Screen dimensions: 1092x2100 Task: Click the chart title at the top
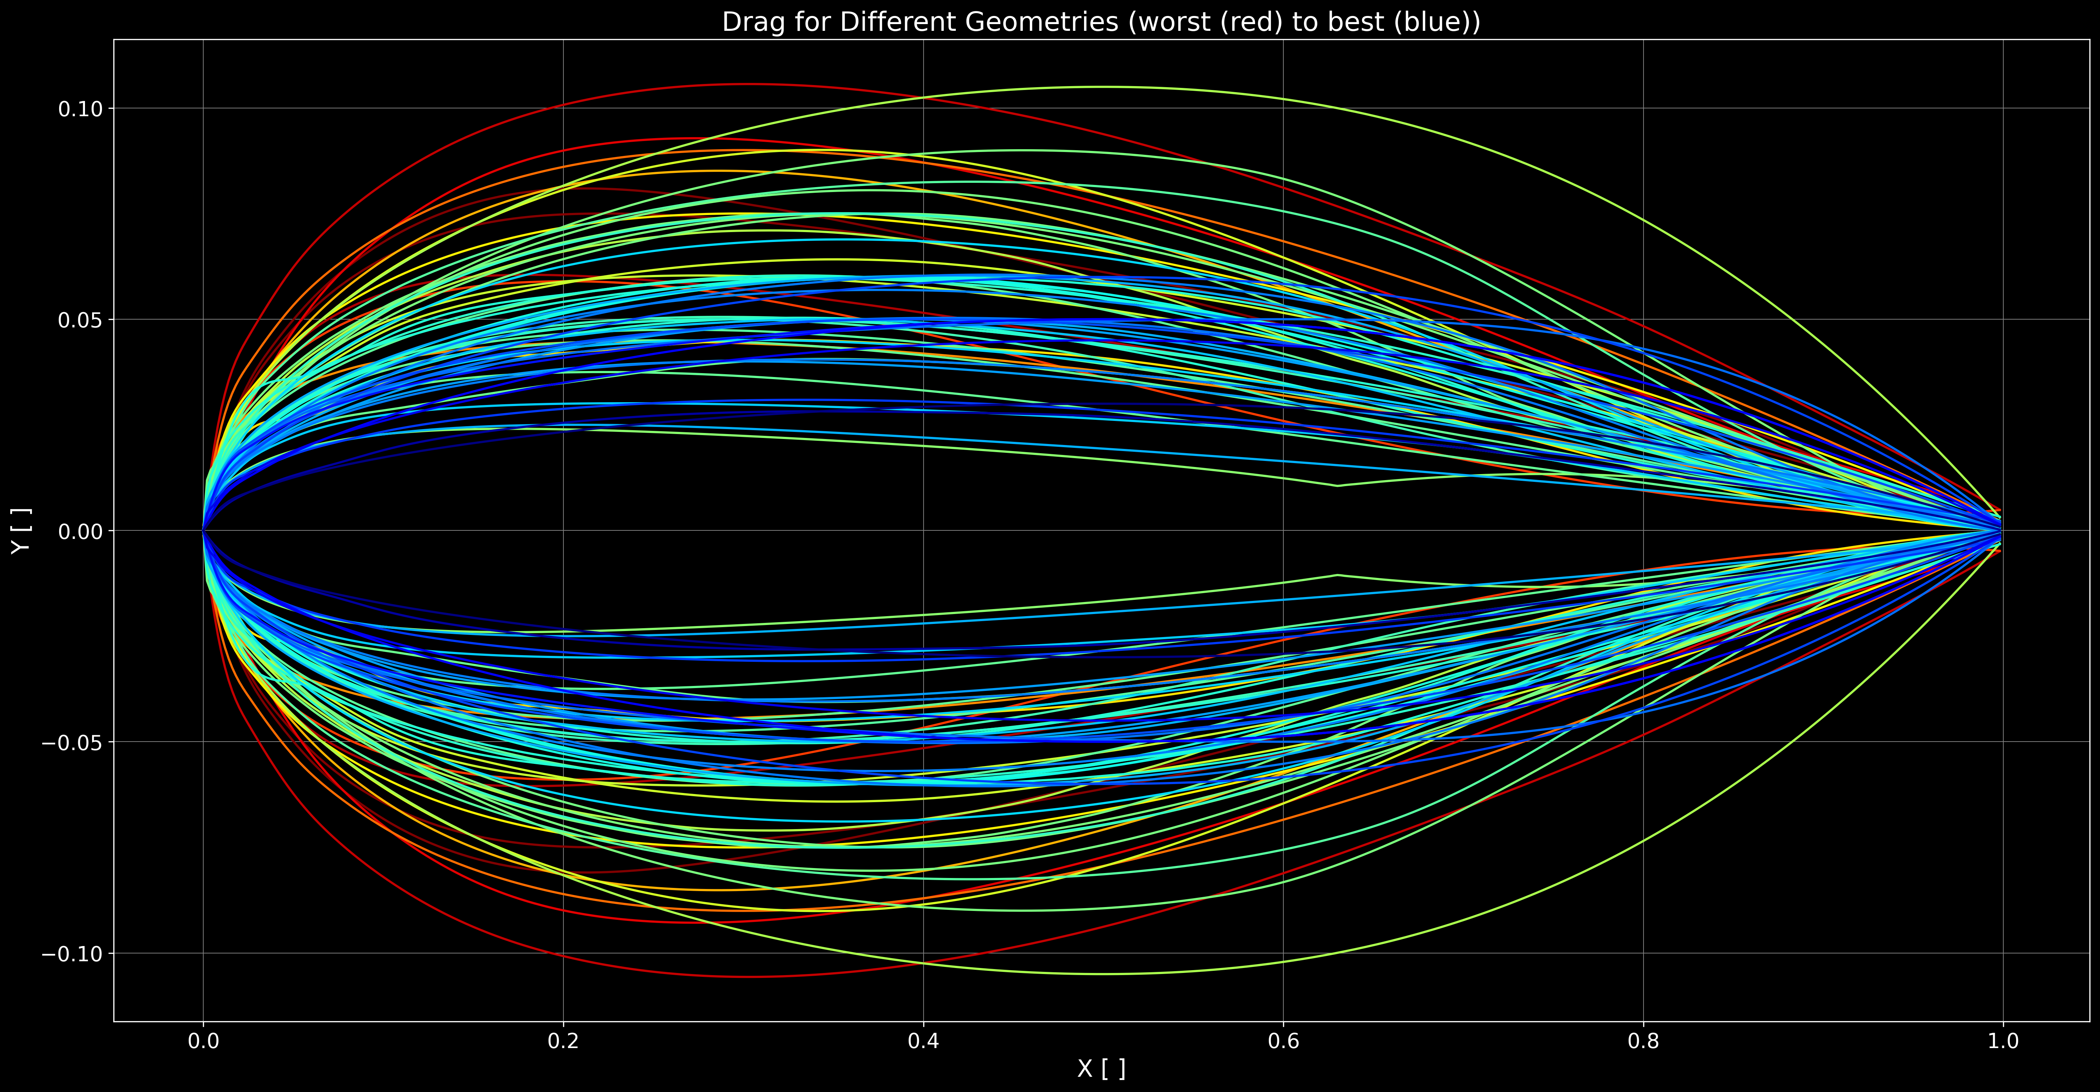[x=1101, y=22]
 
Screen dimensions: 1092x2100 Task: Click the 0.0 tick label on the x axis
[x=203, y=1041]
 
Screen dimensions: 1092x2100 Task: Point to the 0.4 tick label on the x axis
[x=923, y=1041]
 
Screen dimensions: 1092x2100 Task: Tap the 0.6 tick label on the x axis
[x=1283, y=1041]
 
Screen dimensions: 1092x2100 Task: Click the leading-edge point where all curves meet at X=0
[x=203, y=531]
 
